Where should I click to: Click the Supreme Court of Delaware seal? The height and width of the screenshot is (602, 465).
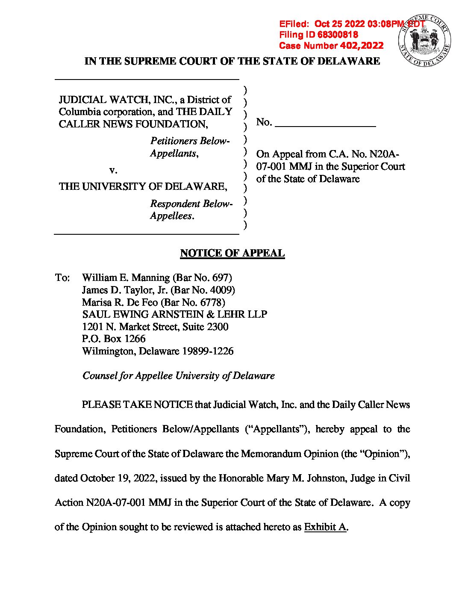point(424,41)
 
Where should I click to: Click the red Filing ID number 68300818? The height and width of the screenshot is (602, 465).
point(337,35)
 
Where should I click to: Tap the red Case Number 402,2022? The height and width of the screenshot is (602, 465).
point(362,46)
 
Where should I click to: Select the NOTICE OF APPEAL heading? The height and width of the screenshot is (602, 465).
point(232,253)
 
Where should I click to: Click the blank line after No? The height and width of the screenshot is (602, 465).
point(325,124)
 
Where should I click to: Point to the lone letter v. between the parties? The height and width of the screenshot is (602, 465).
point(113,170)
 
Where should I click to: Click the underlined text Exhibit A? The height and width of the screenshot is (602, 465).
point(325,527)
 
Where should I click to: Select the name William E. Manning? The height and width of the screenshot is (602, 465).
point(126,278)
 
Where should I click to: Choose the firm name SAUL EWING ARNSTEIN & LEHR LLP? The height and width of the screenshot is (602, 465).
point(174,314)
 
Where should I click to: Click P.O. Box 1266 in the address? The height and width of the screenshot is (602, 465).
point(114,339)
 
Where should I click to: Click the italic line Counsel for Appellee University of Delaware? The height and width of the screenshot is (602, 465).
point(178,375)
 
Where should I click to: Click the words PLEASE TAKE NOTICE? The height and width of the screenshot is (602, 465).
point(137,404)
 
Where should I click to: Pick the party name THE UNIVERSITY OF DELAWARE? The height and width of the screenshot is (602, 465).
point(143,186)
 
